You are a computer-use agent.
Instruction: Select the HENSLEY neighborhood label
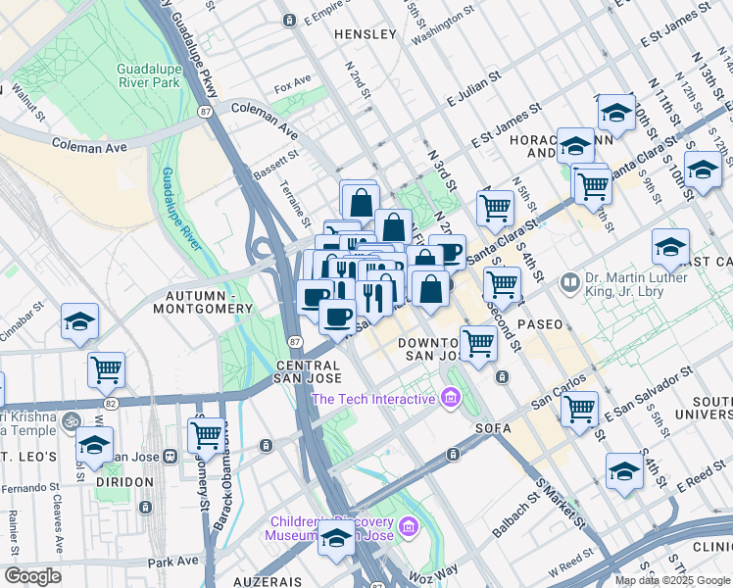tap(366, 34)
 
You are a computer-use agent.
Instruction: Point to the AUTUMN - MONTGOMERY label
tap(203, 302)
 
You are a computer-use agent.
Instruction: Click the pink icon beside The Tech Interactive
tap(450, 399)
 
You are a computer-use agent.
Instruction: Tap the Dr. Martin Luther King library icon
tap(570, 283)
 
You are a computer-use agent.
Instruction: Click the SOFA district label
tap(493, 428)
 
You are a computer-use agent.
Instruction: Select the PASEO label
tap(541, 323)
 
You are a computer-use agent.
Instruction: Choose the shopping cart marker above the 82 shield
tap(106, 370)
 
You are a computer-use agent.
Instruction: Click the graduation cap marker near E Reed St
tap(624, 471)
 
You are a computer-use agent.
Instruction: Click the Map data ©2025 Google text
tap(671, 580)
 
